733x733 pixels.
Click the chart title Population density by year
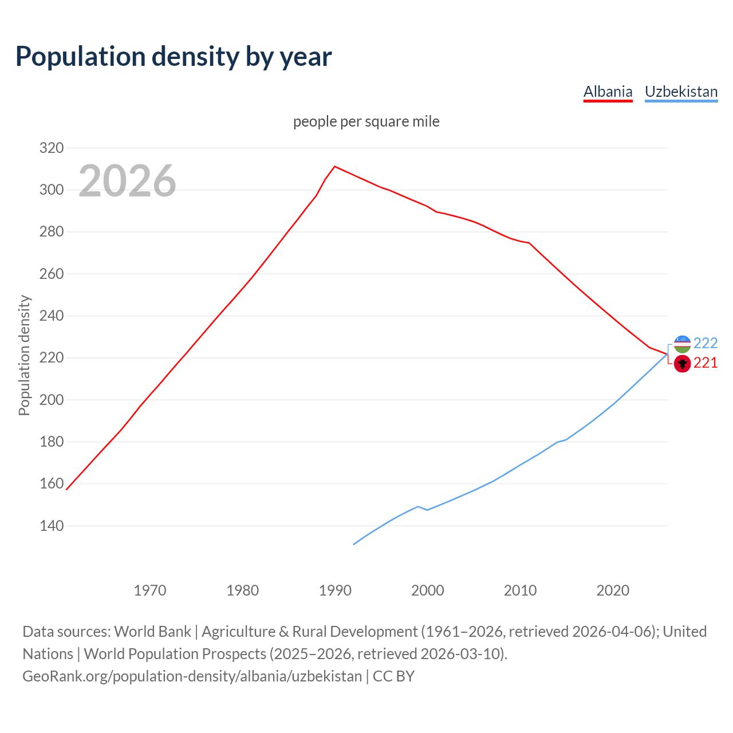174,56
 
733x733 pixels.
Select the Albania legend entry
608,92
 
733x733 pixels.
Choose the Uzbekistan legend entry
681,92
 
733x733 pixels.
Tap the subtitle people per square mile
366,121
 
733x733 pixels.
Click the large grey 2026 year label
127,181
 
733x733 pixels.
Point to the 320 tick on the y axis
52,148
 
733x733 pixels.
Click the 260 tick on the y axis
52,274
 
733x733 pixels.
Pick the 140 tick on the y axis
52,526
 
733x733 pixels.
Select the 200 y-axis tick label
52,400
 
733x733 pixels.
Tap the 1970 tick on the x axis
150,590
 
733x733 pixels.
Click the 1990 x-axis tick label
335,590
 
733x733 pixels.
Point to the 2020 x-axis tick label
613,590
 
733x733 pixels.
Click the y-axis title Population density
24,355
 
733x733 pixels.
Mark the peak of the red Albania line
335,167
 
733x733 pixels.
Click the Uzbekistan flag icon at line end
682,344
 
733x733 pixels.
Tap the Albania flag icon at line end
682,363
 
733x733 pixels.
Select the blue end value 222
706,343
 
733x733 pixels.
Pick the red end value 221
706,363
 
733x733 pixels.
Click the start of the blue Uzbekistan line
354,544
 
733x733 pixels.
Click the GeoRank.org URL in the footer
192,676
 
